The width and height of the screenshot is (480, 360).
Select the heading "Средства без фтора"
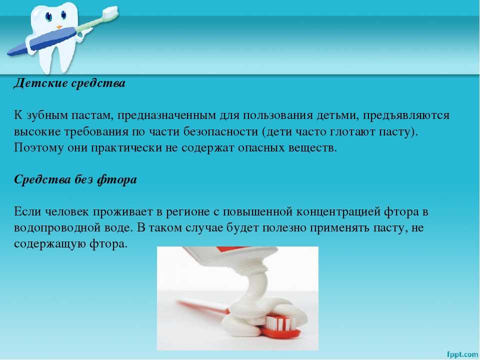[75, 179]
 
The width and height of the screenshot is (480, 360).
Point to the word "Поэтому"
[38, 148]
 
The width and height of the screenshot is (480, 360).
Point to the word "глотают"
[351, 131]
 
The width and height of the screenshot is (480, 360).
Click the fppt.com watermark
[462, 354]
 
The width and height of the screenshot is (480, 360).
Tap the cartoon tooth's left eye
[48, 16]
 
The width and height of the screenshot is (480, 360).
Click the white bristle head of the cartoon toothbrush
[109, 11]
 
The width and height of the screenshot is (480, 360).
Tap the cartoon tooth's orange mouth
[59, 27]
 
